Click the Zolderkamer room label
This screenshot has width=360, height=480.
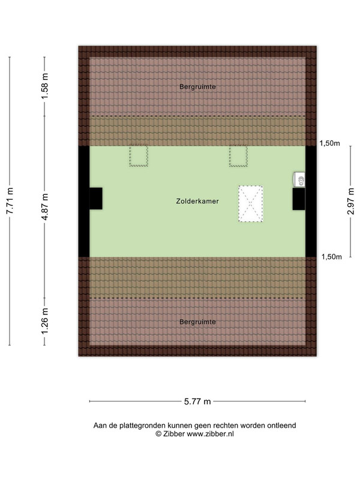point(197,201)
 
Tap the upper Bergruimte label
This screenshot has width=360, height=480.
point(197,86)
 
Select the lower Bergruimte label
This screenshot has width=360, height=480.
point(197,322)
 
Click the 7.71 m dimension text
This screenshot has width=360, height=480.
point(10,201)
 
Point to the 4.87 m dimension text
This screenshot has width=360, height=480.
point(45,207)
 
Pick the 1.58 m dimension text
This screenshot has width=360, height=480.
point(45,86)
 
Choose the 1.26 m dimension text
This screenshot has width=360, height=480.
point(45,322)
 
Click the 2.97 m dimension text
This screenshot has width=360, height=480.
point(351,201)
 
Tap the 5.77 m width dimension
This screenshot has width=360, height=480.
point(197,401)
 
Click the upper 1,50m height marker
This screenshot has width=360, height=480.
point(329,143)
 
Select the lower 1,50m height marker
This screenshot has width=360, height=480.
point(331,257)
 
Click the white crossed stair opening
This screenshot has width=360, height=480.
point(251,203)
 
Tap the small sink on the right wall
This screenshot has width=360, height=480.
point(299,179)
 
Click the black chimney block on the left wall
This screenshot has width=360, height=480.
point(96,199)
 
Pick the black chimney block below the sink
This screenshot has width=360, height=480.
point(299,199)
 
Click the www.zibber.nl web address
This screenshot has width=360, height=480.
point(211,434)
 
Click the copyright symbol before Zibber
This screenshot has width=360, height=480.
point(158,434)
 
